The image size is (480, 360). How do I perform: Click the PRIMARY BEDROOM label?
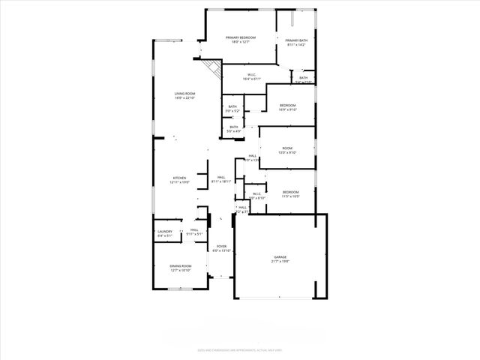(x=241, y=37)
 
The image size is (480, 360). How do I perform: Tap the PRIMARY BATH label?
(x=295, y=40)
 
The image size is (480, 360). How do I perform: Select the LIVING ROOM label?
(x=184, y=94)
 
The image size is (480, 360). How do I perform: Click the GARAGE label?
(x=280, y=257)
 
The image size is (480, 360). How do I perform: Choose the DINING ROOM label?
(x=181, y=266)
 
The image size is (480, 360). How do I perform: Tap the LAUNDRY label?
(x=165, y=231)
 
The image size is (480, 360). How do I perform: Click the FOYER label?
(x=221, y=246)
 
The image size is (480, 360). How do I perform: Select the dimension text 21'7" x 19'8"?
(x=280, y=262)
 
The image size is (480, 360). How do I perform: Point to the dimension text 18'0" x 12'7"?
(x=241, y=42)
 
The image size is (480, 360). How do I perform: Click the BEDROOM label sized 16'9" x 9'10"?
(x=288, y=105)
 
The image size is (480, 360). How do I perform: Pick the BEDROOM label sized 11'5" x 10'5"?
(x=291, y=192)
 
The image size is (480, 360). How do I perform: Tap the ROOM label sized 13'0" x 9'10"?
(x=288, y=148)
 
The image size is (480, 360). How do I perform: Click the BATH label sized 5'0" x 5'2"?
(x=232, y=106)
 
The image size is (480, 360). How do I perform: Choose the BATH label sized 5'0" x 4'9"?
(x=234, y=127)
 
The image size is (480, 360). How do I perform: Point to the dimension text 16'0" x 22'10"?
(x=184, y=98)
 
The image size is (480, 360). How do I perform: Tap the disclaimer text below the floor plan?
(x=239, y=349)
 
